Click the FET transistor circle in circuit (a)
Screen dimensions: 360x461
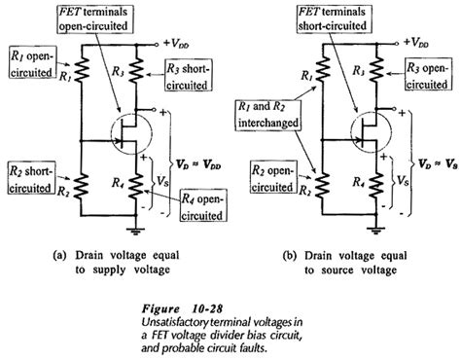(127, 131)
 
